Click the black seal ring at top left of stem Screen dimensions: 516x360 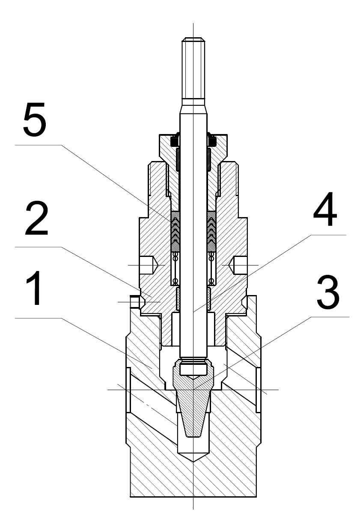tap(175, 140)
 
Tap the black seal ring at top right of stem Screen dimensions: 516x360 tap(211, 140)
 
